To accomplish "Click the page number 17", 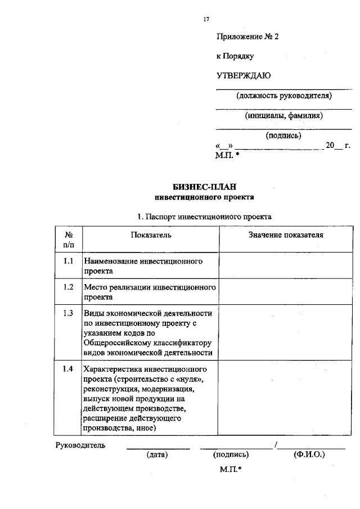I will [206, 19].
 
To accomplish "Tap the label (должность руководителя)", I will [284, 95].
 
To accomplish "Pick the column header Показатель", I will [151, 235].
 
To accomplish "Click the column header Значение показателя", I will [286, 235].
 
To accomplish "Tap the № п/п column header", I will [68, 239].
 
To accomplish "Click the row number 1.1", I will [68, 262].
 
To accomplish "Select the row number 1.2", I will [68, 287].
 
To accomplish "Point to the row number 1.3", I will [68, 313].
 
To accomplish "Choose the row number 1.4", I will [68, 369].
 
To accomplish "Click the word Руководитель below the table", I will [80, 445].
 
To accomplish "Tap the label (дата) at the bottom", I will [157, 454].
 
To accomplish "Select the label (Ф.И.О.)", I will [309, 454].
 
